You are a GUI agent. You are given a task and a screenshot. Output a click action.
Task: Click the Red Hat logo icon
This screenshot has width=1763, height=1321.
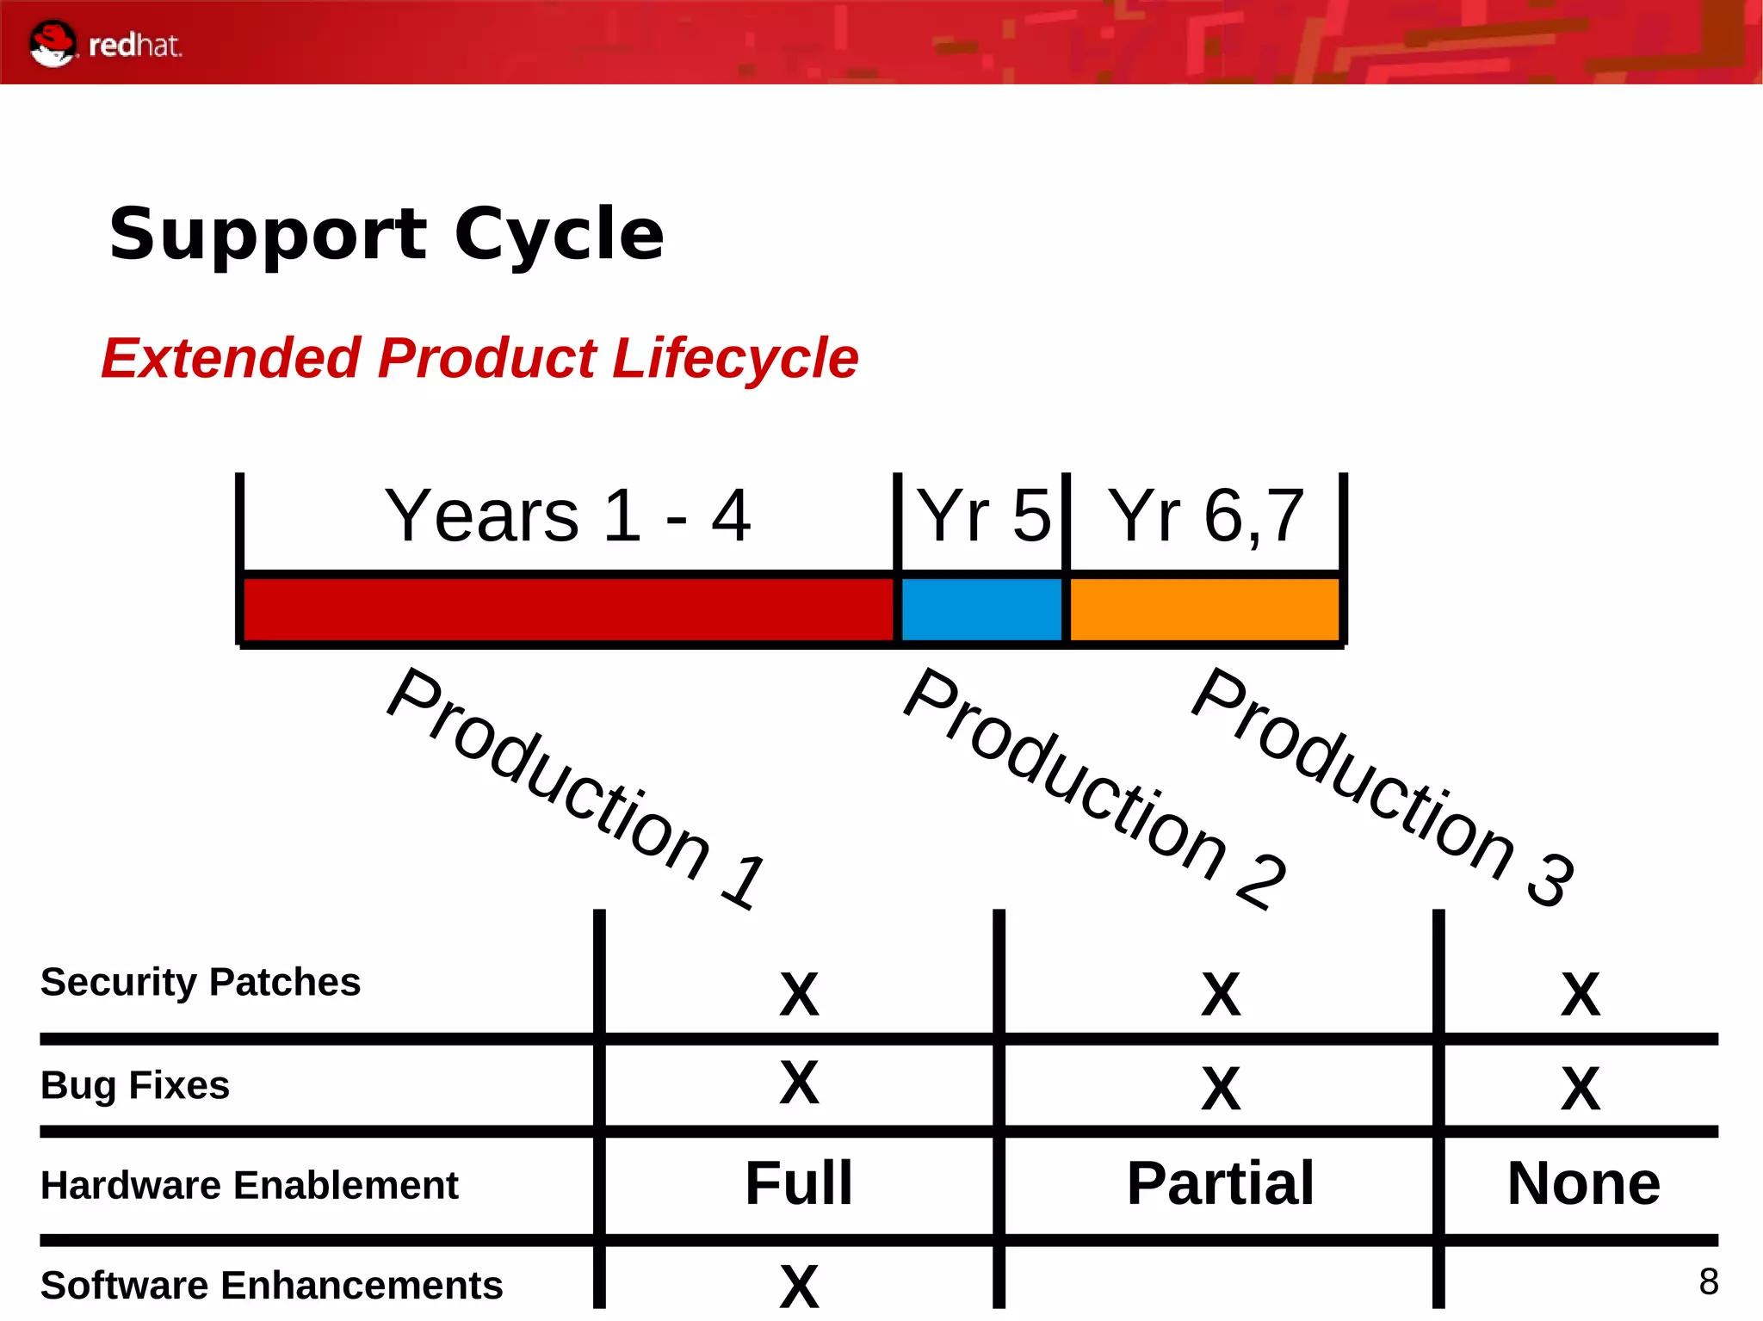click(x=53, y=43)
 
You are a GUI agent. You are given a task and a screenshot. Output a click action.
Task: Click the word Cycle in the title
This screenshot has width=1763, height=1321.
click(x=559, y=234)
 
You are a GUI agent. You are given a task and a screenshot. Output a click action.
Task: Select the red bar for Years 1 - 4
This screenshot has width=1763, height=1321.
click(x=568, y=609)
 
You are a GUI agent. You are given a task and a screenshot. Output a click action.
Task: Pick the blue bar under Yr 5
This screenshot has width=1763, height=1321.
click(x=981, y=609)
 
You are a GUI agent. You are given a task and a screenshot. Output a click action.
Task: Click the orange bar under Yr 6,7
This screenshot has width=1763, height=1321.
click(x=1203, y=609)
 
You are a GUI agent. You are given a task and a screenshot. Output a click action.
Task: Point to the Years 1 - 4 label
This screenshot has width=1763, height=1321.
click(x=567, y=515)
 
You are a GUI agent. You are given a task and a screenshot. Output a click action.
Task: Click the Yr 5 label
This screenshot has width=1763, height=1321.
click(x=983, y=515)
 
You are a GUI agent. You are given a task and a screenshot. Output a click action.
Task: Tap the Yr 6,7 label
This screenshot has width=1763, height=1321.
click(x=1205, y=515)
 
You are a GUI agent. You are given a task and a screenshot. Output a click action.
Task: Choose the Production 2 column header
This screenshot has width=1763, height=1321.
click(x=1093, y=787)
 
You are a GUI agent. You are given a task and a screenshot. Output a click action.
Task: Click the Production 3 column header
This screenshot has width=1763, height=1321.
click(x=1382, y=787)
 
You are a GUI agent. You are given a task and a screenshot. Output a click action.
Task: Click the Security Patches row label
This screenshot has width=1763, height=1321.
click(x=201, y=982)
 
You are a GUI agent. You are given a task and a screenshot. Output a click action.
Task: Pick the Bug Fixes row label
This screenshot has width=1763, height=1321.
click(x=135, y=1085)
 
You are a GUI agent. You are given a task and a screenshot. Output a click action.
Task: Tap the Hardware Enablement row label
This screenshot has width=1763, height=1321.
click(x=250, y=1185)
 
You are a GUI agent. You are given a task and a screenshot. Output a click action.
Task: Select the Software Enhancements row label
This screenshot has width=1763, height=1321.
click(x=271, y=1285)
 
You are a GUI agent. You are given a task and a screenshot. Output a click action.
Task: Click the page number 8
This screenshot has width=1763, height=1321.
click(x=1709, y=1281)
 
